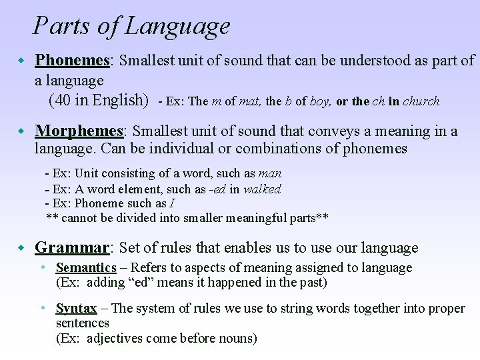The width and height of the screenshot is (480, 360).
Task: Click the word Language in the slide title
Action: click(x=177, y=27)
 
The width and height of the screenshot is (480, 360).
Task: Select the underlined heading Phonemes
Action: click(x=72, y=60)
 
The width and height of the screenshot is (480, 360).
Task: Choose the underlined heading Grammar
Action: click(x=71, y=248)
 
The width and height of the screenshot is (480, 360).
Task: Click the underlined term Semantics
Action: click(x=86, y=268)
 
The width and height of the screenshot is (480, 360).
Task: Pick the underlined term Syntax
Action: click(x=76, y=309)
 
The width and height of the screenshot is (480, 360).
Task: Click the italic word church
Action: click(x=421, y=102)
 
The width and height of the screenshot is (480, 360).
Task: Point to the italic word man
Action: click(x=269, y=174)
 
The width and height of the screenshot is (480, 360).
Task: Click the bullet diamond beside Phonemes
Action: click(x=21, y=61)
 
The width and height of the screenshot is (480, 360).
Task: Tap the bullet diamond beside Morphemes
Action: click(x=21, y=131)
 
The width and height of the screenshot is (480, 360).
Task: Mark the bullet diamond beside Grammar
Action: click(x=21, y=249)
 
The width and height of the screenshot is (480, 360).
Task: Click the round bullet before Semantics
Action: click(x=42, y=268)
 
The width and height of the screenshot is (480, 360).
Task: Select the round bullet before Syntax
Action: click(x=42, y=309)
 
